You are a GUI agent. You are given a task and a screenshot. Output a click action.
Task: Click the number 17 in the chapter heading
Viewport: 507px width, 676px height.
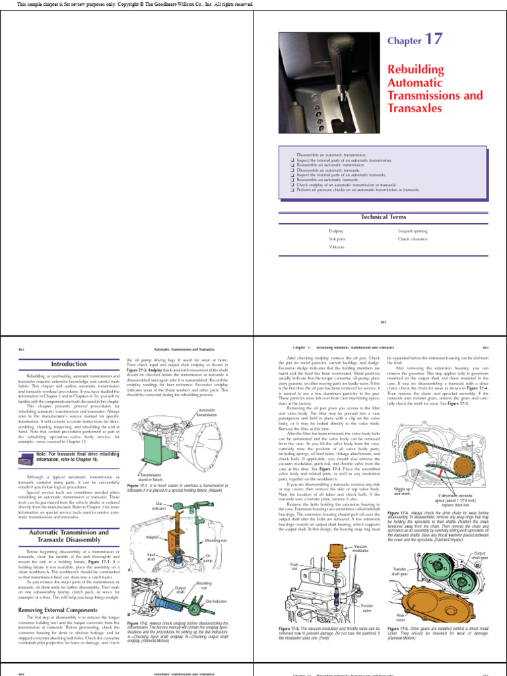[x=433, y=39]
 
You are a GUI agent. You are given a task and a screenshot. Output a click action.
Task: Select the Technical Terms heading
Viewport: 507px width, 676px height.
[x=383, y=217]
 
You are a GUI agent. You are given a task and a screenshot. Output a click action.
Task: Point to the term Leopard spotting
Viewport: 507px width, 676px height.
[x=413, y=232]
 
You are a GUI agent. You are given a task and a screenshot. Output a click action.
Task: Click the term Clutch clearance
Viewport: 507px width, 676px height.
[x=413, y=239]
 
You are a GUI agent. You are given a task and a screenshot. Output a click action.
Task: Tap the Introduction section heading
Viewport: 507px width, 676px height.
[x=69, y=364]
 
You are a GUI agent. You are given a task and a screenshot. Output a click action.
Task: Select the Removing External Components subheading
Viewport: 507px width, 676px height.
[x=60, y=610]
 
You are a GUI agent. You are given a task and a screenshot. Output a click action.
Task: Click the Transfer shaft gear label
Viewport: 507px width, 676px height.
[x=401, y=570]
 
